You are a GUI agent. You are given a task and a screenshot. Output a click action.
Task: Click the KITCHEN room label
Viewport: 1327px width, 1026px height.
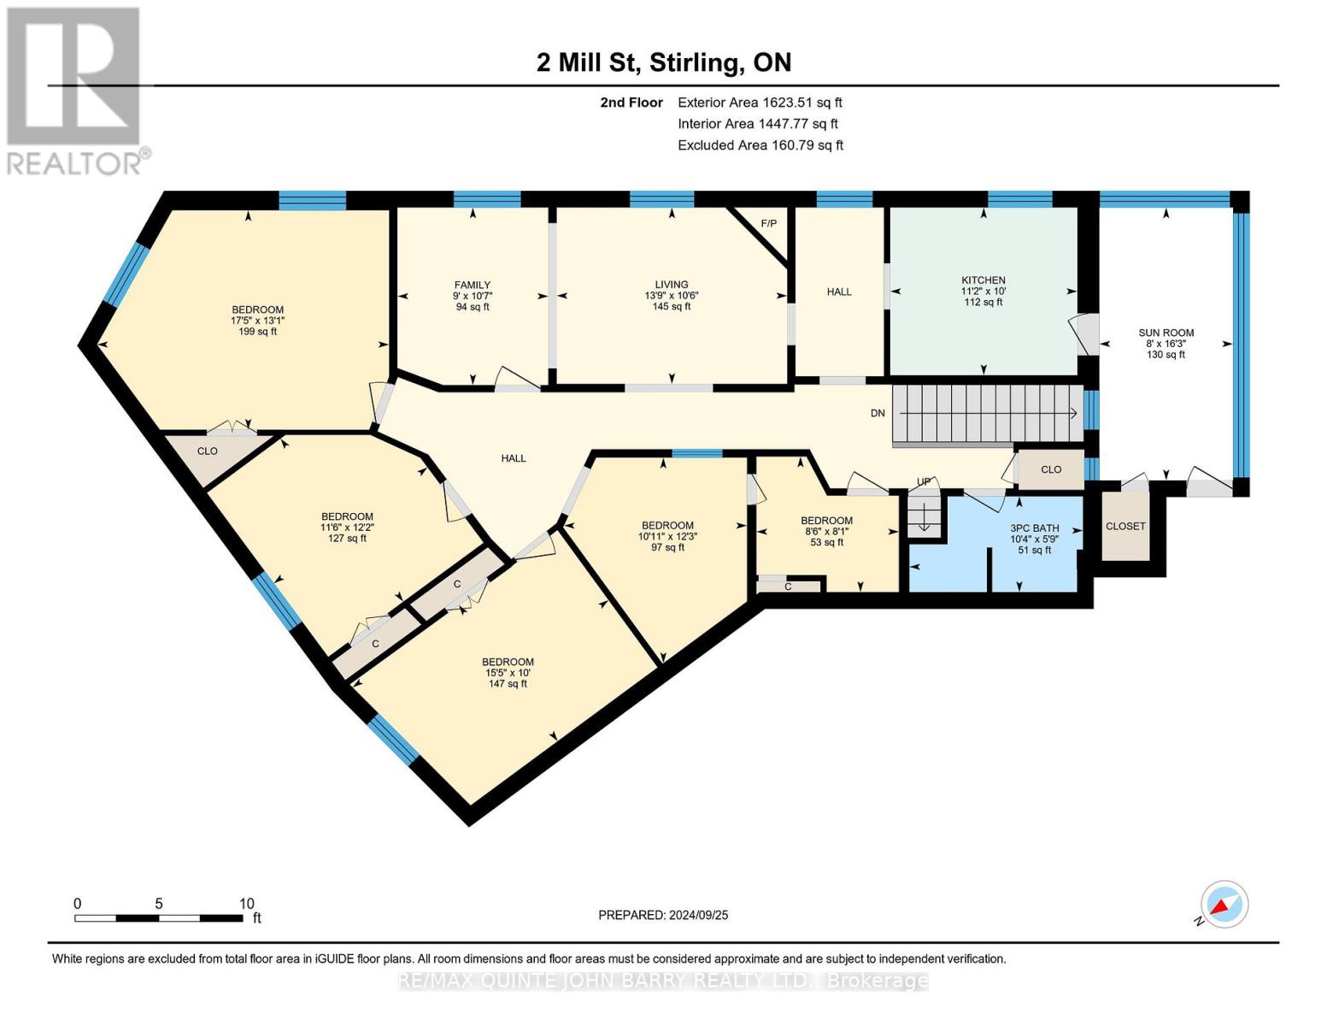(984, 280)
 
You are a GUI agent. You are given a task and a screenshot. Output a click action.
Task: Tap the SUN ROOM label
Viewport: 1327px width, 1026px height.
(1166, 333)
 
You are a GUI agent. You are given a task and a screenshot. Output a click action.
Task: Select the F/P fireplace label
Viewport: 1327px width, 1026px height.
(769, 224)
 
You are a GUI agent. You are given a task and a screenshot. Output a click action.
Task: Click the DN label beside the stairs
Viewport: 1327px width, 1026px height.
(878, 413)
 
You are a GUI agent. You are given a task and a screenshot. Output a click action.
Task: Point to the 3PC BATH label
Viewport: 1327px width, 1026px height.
(1035, 528)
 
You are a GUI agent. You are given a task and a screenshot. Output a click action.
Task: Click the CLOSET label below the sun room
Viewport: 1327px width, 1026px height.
(1125, 526)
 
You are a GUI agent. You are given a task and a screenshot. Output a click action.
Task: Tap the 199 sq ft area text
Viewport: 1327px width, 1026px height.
(258, 331)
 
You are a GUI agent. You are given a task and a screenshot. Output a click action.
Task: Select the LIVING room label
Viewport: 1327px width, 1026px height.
(672, 284)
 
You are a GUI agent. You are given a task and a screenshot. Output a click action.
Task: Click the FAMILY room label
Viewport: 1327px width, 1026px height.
(472, 285)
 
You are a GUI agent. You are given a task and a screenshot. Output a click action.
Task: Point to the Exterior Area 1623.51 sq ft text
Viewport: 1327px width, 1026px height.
(760, 103)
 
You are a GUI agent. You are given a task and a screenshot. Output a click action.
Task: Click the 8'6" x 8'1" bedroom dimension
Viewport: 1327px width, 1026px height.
(827, 531)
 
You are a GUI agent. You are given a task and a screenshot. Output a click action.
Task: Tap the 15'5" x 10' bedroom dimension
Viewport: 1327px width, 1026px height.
(508, 673)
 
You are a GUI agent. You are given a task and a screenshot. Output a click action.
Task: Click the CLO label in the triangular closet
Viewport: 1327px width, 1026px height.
(208, 451)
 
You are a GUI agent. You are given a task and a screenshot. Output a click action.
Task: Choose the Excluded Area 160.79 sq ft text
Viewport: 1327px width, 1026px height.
(760, 145)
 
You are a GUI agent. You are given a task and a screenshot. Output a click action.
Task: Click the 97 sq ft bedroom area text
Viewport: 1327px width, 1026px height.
(667, 547)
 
